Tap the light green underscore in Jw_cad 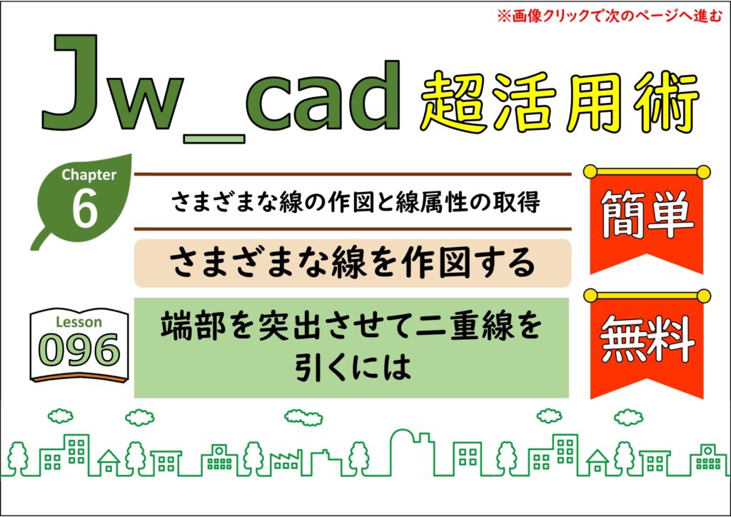point(214,139)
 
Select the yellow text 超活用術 point(560,104)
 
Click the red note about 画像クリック point(610,16)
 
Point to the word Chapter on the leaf point(89,175)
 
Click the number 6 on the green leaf point(86,209)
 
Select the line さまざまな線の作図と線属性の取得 point(356,202)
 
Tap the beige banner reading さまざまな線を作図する point(353,263)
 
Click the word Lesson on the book point(79,322)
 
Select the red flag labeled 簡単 point(647,220)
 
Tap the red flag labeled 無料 point(647,345)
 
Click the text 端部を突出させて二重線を point(351,325)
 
